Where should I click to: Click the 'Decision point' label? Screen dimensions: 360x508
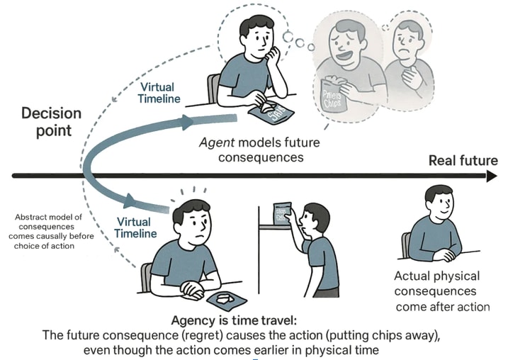[51, 121]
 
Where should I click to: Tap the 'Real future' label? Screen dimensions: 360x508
[463, 161]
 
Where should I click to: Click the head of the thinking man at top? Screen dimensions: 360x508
[256, 33]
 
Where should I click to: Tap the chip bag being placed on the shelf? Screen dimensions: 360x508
[285, 214]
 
